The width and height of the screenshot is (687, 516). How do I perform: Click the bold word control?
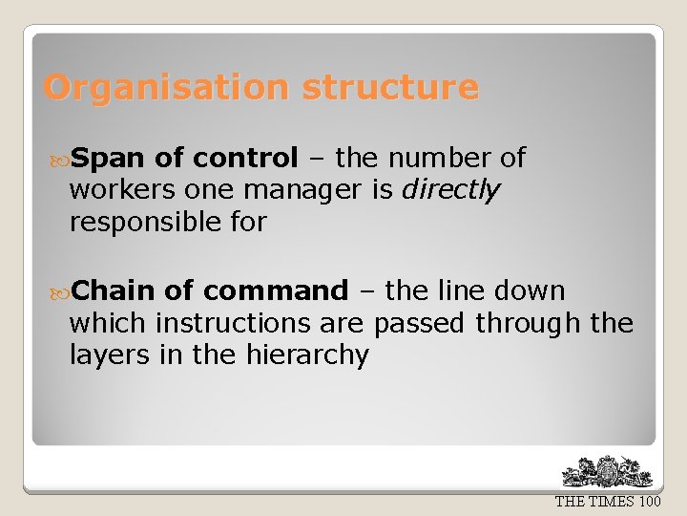[245, 158]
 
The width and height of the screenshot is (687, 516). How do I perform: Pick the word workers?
[122, 190]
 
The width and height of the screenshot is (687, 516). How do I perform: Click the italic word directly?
[450, 191]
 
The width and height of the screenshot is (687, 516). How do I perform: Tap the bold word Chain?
[114, 290]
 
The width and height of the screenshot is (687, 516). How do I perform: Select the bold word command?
[276, 290]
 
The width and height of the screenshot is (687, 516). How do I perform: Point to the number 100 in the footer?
[650, 502]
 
